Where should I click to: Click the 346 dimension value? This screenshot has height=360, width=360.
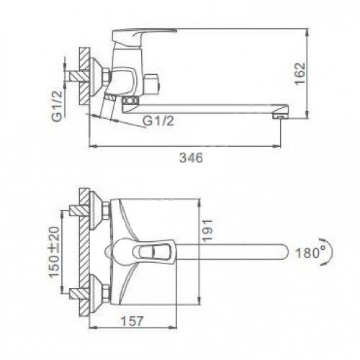coord(191,158)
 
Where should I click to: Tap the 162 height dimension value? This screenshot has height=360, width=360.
coord(300,74)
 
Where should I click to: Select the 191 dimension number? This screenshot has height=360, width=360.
coord(208,230)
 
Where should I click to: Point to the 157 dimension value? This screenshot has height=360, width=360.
coord(132,321)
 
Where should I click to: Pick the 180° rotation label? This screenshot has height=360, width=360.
coord(307,253)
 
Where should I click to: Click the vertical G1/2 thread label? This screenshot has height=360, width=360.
coord(57,106)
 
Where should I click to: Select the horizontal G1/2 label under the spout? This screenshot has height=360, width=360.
coord(158,121)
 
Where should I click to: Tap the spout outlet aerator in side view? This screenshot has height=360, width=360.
coord(280,117)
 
